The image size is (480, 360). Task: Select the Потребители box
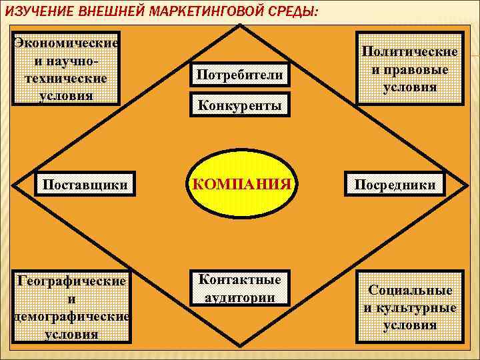[240, 75]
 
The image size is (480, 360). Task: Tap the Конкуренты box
[240, 105]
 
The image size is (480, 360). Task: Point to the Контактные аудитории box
[240, 288]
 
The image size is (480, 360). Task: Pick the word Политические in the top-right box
[410, 51]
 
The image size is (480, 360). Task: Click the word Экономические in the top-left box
[67, 43]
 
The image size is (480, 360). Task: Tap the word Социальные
[410, 291]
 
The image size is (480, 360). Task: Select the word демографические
[71, 316]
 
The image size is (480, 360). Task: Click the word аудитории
[240, 297]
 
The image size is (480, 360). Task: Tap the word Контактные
[240, 279]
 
